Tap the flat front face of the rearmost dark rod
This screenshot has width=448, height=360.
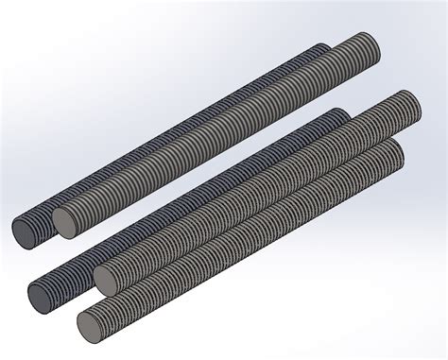[26, 231]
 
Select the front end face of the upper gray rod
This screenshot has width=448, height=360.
[65, 221]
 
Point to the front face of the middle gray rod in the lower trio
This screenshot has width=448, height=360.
[108, 278]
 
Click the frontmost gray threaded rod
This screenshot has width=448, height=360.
[246, 236]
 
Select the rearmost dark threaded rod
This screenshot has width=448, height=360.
[170, 142]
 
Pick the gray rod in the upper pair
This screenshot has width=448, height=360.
[217, 132]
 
